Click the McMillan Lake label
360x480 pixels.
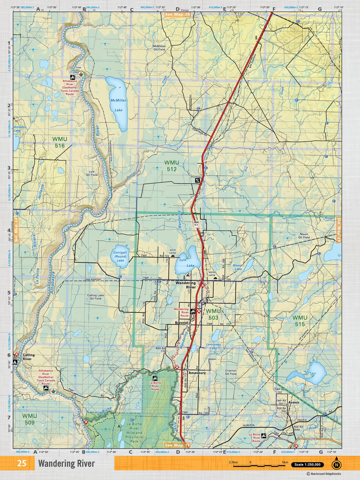point(118,105)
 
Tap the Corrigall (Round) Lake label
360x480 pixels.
point(120,256)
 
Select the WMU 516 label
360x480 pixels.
point(59,142)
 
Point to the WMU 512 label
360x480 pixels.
point(172,166)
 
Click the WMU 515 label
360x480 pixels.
point(300,321)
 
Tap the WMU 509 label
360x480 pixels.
point(29,419)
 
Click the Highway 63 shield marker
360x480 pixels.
point(196,224)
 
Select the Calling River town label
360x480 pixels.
point(28,357)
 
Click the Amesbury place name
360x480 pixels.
point(197,373)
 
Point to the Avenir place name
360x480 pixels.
point(294,402)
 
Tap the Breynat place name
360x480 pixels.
point(181,323)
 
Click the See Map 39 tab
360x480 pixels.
point(177,14)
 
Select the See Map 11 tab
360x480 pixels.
point(177,445)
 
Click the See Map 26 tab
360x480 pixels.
point(339,230)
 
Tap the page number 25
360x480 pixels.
point(22,463)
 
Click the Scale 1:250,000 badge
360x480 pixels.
point(307,465)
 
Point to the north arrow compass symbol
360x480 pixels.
point(336,464)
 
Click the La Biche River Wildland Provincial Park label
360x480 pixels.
point(134,433)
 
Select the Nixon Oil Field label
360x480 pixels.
point(304,236)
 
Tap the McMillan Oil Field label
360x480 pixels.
point(159,48)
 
